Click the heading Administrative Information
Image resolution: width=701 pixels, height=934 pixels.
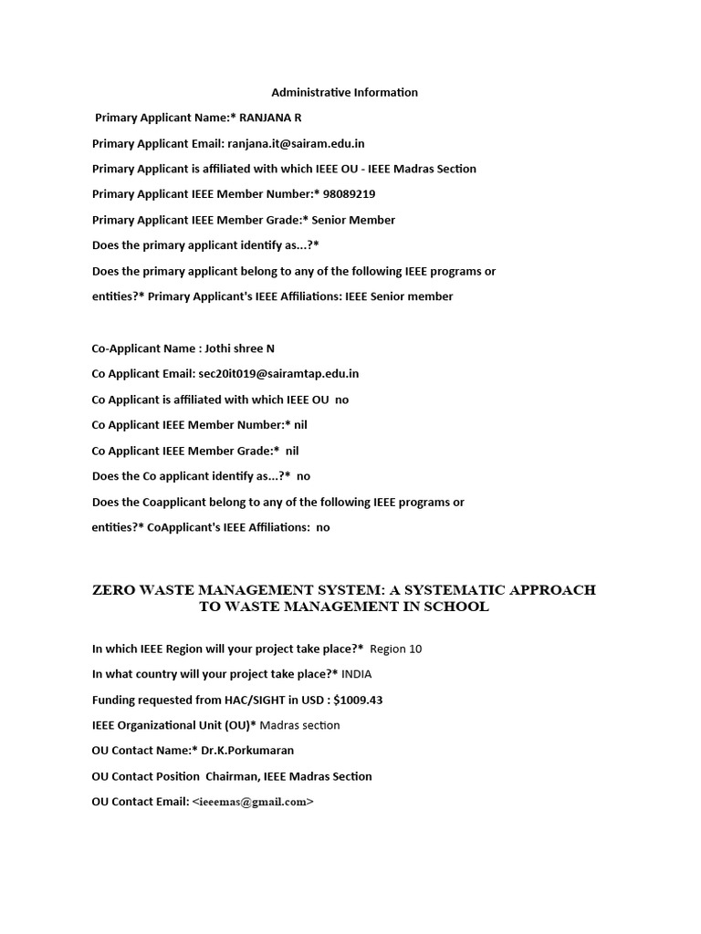click(345, 92)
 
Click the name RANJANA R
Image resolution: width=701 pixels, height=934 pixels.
click(272, 118)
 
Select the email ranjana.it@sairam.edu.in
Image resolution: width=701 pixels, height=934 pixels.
click(296, 143)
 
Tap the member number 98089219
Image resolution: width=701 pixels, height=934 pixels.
click(349, 194)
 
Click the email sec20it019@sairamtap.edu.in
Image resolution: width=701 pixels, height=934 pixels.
click(277, 374)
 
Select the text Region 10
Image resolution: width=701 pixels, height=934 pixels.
click(396, 649)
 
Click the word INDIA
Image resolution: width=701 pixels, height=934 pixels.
click(357, 674)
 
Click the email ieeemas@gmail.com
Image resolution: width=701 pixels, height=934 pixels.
click(253, 802)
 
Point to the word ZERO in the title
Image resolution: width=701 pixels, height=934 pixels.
click(113, 590)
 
